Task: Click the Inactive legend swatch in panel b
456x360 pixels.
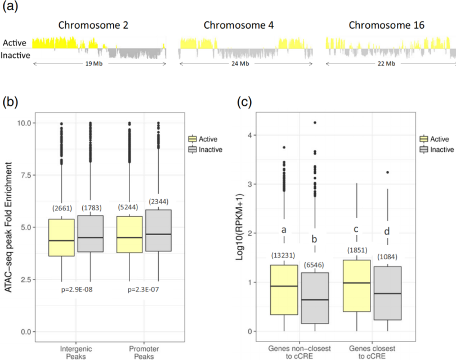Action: click(x=192, y=149)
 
